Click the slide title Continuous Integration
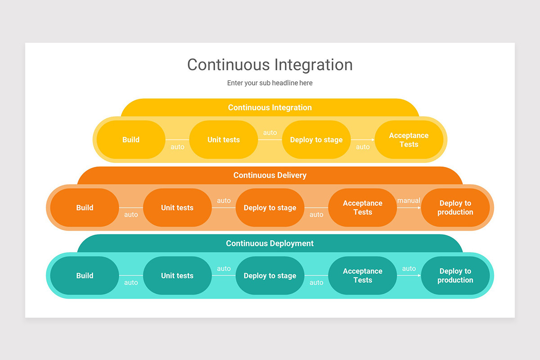(270, 65)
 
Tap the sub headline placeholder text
(270, 83)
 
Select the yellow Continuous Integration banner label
(270, 108)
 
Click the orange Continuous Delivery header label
(270, 175)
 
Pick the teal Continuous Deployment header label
(270, 243)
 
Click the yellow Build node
(131, 140)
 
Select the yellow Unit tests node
(224, 140)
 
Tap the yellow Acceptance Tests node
(409, 140)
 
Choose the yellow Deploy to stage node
(316, 140)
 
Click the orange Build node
(85, 208)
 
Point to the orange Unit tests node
(177, 208)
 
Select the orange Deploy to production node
(455, 208)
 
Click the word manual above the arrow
(409, 201)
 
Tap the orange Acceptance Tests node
(363, 208)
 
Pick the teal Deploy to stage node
(270, 276)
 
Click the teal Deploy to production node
(455, 276)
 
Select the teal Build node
(85, 276)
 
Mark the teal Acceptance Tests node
(363, 276)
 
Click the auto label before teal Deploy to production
(409, 269)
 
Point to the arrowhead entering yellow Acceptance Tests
(373, 140)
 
